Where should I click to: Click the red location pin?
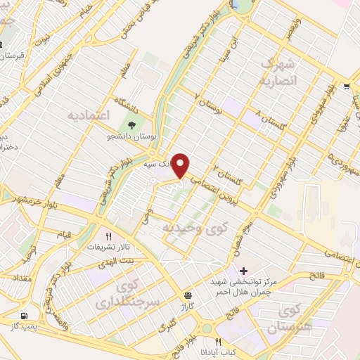181,166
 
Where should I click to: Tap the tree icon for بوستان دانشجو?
131,126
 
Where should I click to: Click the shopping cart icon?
347,87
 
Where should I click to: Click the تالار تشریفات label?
105,247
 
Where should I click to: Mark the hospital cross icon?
244,271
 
